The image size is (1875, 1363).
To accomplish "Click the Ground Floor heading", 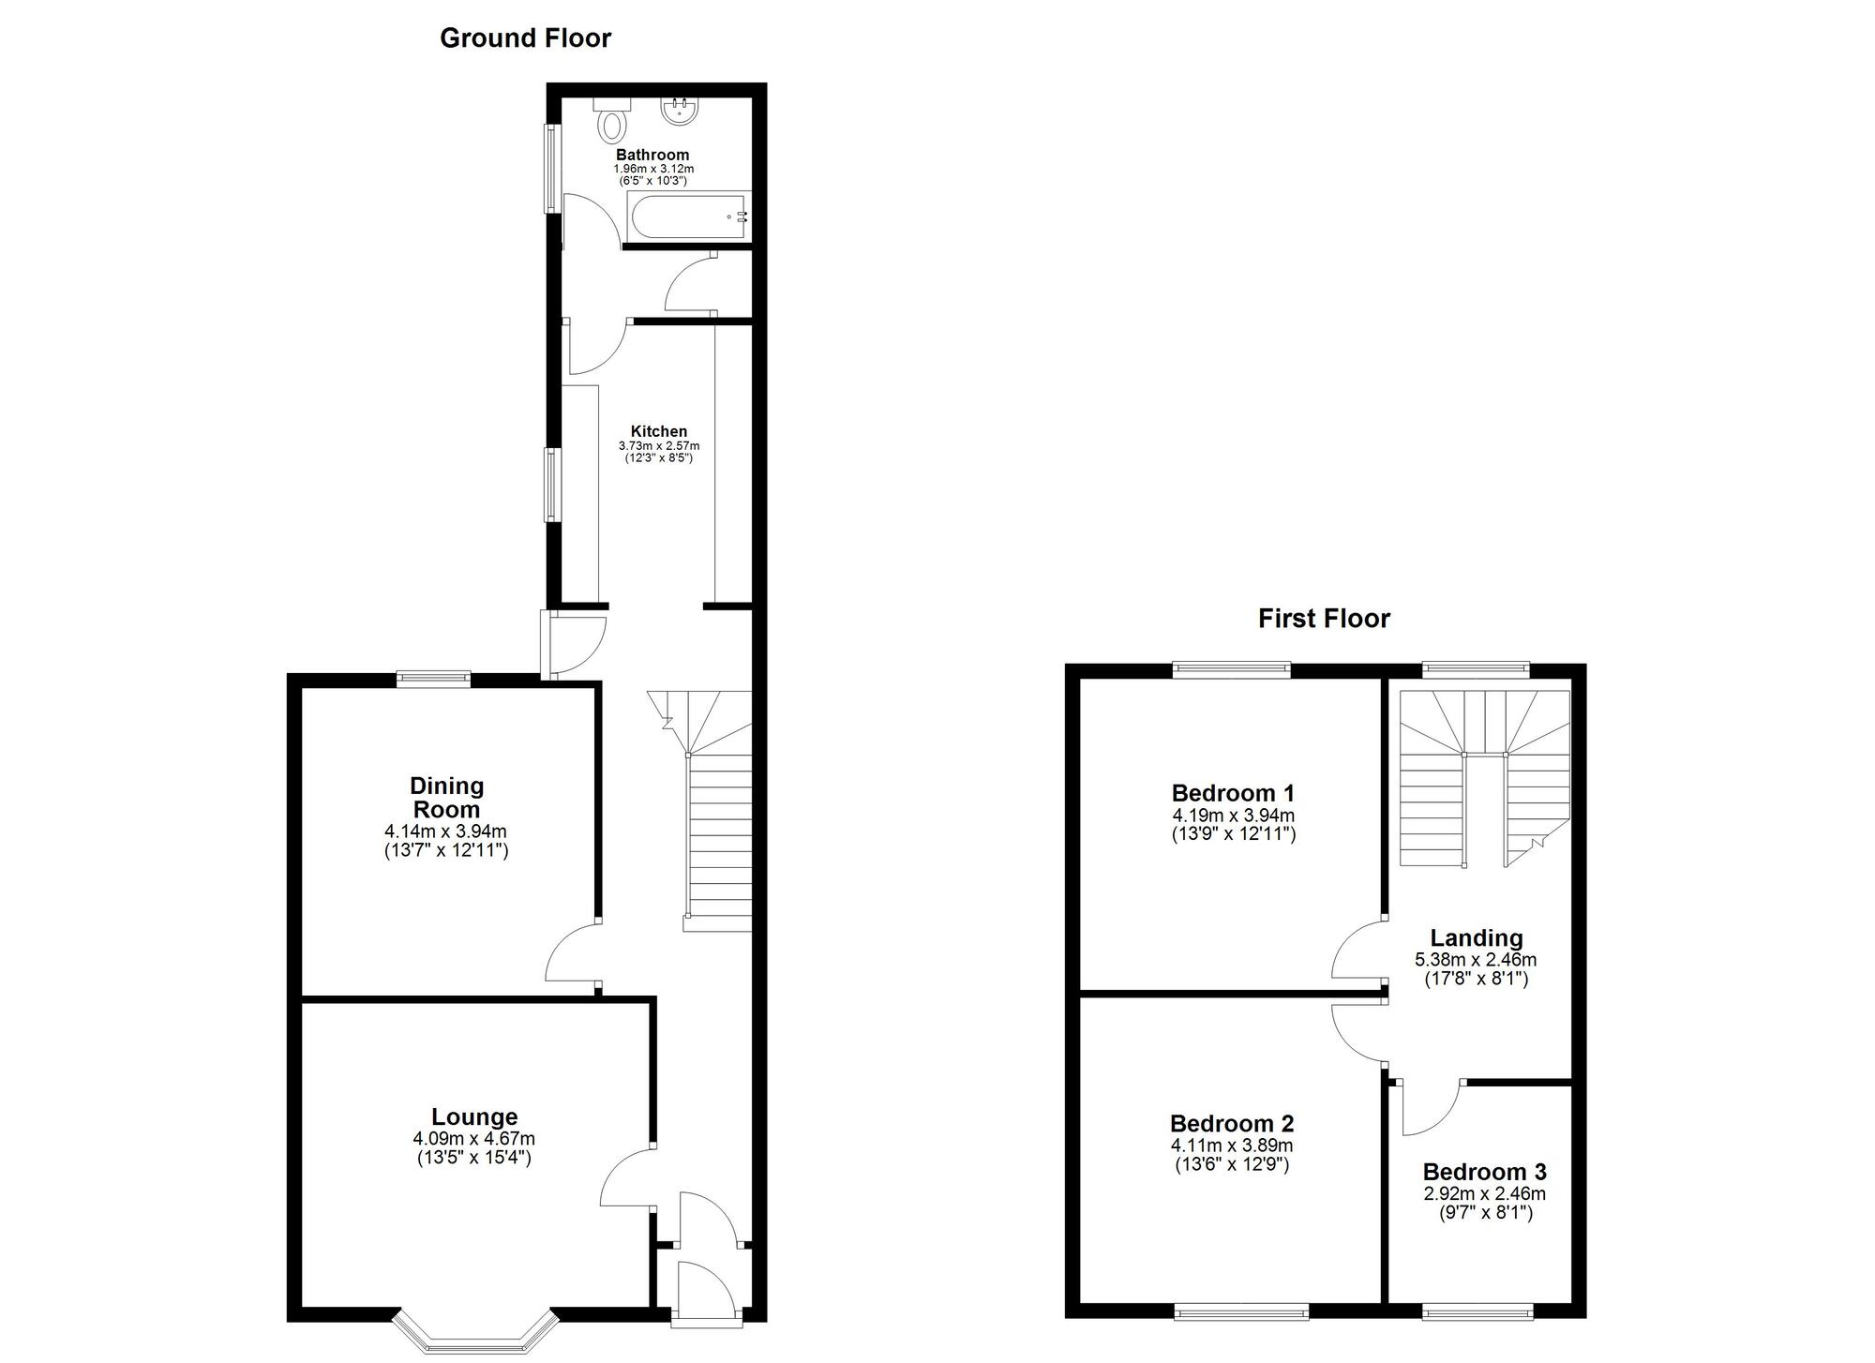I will (x=525, y=38).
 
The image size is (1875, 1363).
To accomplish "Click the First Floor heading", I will (x=1324, y=619).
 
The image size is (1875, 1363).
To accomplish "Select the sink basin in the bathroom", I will (x=679, y=112).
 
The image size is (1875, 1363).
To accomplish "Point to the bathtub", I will (x=689, y=216).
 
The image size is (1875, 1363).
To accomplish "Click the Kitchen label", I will (x=658, y=431).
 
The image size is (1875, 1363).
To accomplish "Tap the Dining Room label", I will (x=446, y=797).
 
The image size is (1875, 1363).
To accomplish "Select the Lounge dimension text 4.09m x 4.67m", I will (x=473, y=1138).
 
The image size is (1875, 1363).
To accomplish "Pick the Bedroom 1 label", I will (x=1233, y=792).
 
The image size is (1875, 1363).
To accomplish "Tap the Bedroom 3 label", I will (x=1484, y=1172).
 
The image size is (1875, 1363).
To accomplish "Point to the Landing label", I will (x=1476, y=937).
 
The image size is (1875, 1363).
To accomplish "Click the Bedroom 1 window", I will (x=1232, y=669).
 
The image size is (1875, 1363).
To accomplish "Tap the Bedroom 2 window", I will (x=1241, y=1311).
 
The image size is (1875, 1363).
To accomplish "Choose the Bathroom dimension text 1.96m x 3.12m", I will (x=653, y=169).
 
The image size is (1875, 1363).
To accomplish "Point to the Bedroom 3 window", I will (x=1477, y=1311).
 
